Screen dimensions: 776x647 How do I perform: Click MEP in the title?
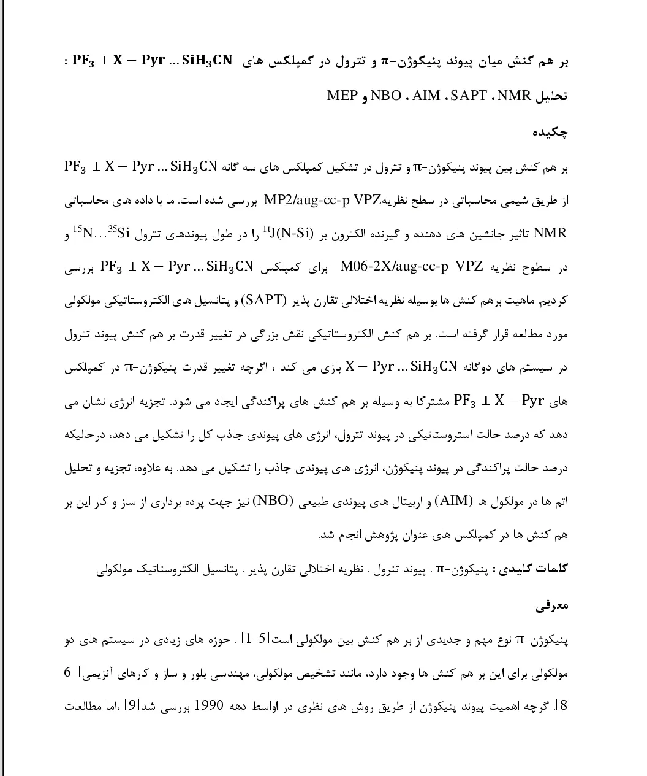tap(342, 96)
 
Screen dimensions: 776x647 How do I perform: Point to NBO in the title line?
tap(386, 96)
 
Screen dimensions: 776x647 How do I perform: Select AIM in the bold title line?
tap(426, 96)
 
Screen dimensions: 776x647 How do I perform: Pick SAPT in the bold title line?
tap(469, 96)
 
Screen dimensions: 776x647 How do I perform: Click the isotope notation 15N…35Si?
tap(102, 233)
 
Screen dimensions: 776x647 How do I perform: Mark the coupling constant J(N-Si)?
tap(288, 233)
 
